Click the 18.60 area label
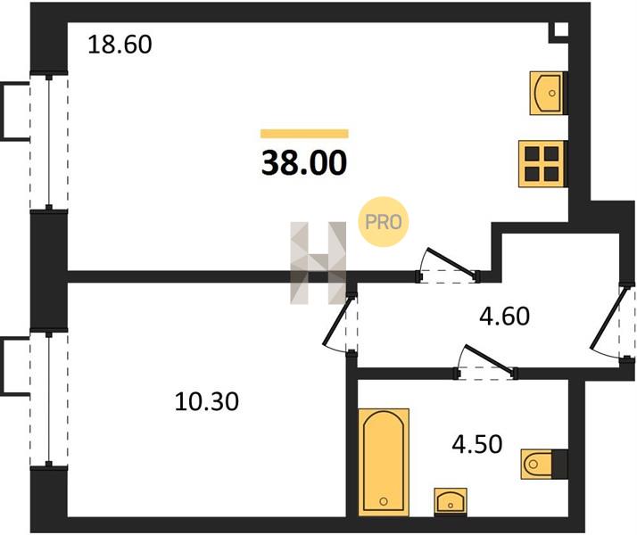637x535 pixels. [120, 45]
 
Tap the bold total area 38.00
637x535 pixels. [304, 163]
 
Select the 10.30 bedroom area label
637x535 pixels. [207, 402]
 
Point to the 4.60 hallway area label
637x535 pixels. [505, 317]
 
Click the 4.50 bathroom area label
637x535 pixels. [477, 444]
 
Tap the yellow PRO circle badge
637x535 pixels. [383, 222]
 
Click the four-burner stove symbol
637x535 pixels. [542, 163]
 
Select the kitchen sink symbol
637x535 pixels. [547, 93]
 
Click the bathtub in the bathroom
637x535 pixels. [384, 462]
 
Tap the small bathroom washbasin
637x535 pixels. [451, 502]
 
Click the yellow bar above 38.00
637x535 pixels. [304, 134]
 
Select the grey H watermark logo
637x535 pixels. [318, 263]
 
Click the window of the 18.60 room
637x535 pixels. [49, 141]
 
